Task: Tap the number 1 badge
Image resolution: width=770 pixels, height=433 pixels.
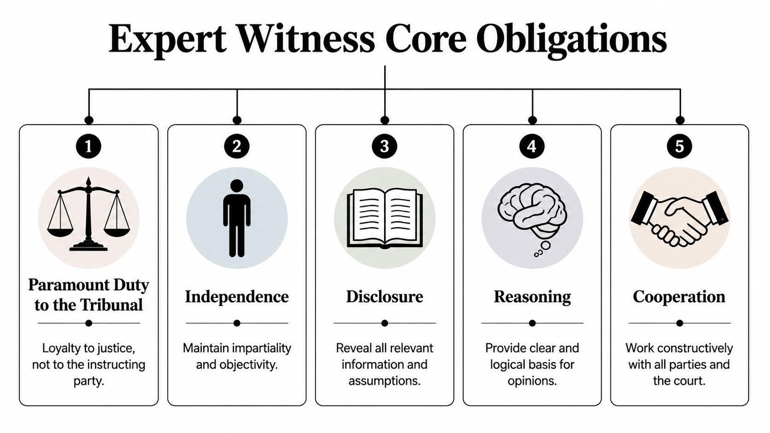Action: coord(88,146)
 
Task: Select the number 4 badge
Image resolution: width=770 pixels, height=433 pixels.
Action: coord(532,146)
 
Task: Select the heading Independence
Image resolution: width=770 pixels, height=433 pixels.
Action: coord(237,297)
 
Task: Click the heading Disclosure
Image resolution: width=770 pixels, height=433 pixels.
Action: coord(385,297)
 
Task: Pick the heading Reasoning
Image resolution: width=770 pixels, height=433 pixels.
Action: coord(532,297)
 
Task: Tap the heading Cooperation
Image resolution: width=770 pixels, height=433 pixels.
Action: coord(679,297)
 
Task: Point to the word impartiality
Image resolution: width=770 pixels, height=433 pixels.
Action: coord(262,348)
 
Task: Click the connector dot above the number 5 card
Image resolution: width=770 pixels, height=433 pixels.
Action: coord(680,120)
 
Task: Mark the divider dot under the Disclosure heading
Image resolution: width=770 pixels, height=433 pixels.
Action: coord(385,323)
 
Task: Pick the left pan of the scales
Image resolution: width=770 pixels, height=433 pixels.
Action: coord(60,230)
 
